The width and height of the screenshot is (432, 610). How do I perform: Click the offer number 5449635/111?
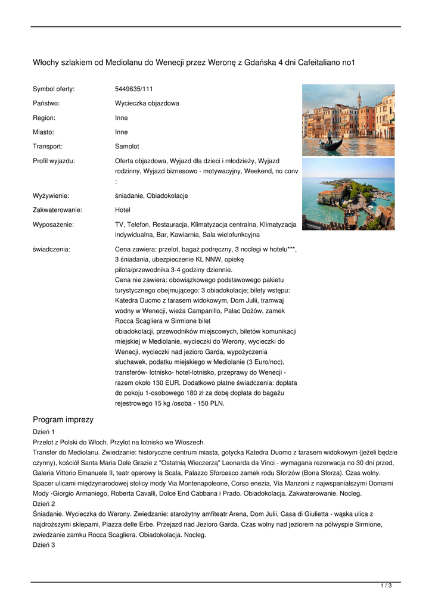click(x=133, y=89)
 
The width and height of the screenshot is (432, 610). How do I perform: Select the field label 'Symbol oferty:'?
click(x=54, y=89)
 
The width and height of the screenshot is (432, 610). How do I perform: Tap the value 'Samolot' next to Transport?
click(x=127, y=146)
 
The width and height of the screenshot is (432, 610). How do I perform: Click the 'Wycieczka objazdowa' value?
click(x=147, y=103)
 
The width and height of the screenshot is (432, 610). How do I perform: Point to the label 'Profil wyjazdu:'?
click(x=54, y=161)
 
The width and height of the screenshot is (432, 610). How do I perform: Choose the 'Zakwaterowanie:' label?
click(x=57, y=210)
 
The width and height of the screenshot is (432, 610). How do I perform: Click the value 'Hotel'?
click(x=122, y=210)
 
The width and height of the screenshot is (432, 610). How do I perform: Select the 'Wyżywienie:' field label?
click(x=51, y=195)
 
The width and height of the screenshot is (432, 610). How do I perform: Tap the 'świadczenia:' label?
click(x=51, y=249)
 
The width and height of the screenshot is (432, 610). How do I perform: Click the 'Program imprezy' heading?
click(x=63, y=419)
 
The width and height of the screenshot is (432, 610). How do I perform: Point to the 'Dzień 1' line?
click(x=43, y=431)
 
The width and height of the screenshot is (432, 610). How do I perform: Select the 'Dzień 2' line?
click(x=43, y=503)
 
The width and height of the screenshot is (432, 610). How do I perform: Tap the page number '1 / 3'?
click(x=386, y=586)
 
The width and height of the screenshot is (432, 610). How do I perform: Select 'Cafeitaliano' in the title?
click(x=322, y=62)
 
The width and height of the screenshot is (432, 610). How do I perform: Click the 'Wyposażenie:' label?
click(x=54, y=224)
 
